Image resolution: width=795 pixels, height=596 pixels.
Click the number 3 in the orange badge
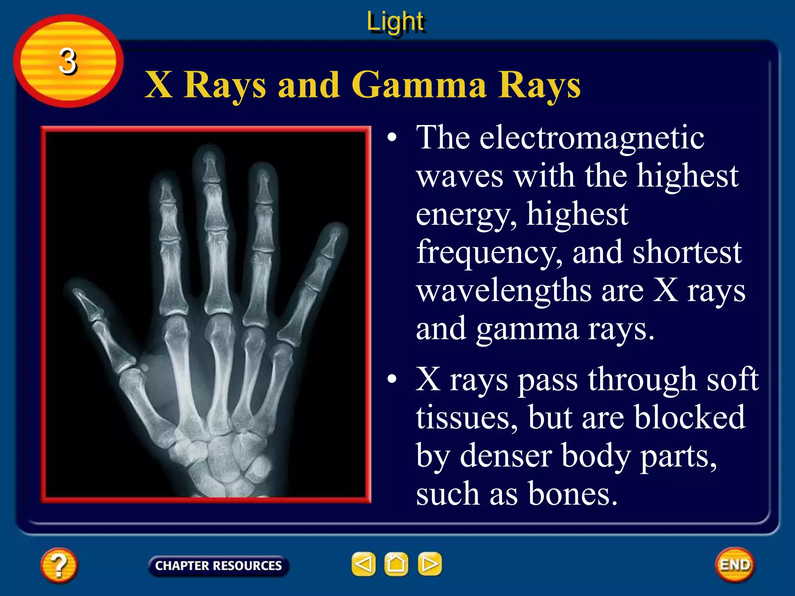coord(68,61)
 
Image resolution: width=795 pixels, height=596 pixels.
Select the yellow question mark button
coord(59,565)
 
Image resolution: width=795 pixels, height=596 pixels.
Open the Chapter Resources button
coord(218,566)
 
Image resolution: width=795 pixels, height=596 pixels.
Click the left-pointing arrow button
coord(363,564)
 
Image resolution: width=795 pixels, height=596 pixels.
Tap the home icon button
coord(396,564)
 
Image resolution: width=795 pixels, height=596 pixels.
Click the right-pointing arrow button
coord(429,564)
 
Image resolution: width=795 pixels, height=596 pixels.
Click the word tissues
coord(466,418)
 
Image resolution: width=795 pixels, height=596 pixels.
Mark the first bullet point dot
coord(392,137)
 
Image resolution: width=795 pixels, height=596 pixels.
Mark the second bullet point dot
coord(392,379)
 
